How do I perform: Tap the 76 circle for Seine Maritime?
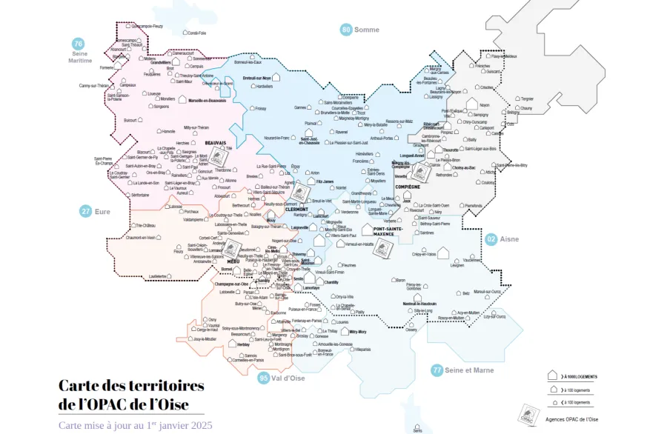click(78, 44)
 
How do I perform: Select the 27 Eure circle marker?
click(86, 211)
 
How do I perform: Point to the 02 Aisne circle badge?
click(491, 239)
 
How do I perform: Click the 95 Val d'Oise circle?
click(264, 378)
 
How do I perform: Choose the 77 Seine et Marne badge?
click(437, 370)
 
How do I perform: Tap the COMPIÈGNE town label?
click(408, 187)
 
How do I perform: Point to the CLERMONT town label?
click(296, 209)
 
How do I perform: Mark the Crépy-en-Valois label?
click(423, 254)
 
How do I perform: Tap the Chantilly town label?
click(331, 282)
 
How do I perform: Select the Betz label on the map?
click(465, 293)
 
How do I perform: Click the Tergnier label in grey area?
click(527, 99)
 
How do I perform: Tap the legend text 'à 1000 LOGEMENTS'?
click(580, 377)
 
